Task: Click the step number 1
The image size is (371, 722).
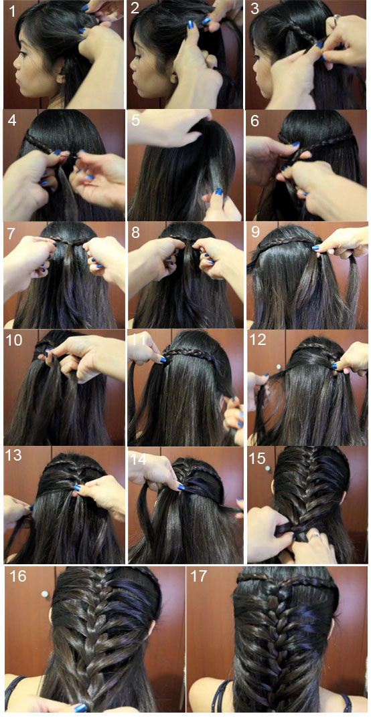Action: [12, 11]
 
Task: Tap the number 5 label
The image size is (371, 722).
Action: [135, 121]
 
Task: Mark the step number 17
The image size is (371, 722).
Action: [200, 576]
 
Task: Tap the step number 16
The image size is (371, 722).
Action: [17, 576]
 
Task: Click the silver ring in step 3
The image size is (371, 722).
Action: [336, 19]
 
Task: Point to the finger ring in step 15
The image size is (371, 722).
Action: [314, 535]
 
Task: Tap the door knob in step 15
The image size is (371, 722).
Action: [268, 468]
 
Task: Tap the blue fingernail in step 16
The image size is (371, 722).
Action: [81, 708]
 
